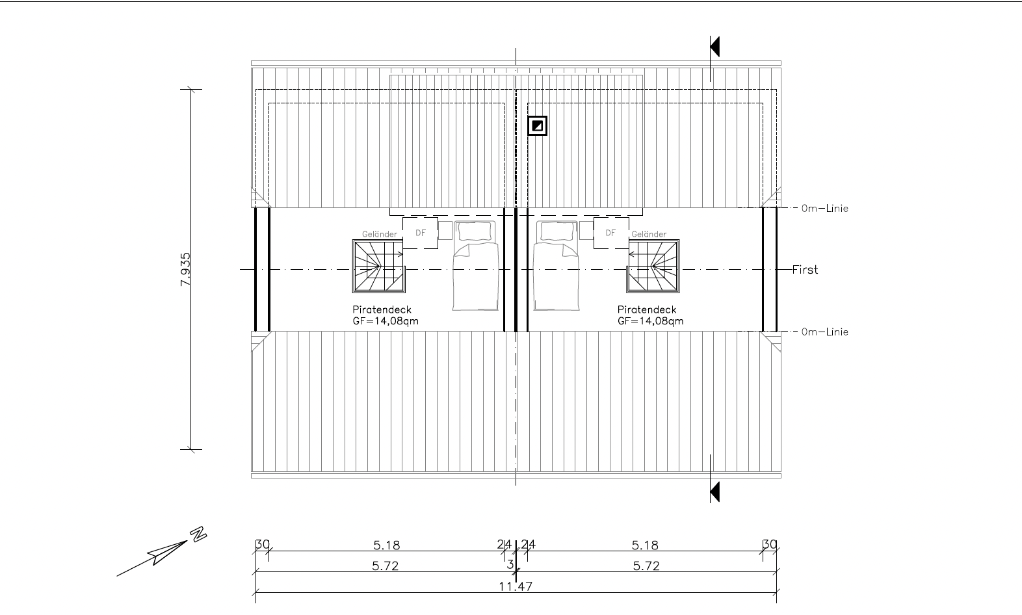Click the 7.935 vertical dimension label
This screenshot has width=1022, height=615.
[185, 270]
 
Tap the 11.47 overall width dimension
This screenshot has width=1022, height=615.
[516, 586]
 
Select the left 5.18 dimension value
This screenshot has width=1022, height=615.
[386, 545]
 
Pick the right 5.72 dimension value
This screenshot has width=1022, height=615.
[646, 566]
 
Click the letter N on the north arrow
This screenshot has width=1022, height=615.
[198, 534]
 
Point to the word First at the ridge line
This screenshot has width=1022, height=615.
[805, 270]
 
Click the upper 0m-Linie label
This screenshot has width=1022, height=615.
[825, 209]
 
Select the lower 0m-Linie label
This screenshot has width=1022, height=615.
[825, 332]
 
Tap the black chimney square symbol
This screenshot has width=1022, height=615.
[538, 125]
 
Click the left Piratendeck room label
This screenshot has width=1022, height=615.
[382, 309]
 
